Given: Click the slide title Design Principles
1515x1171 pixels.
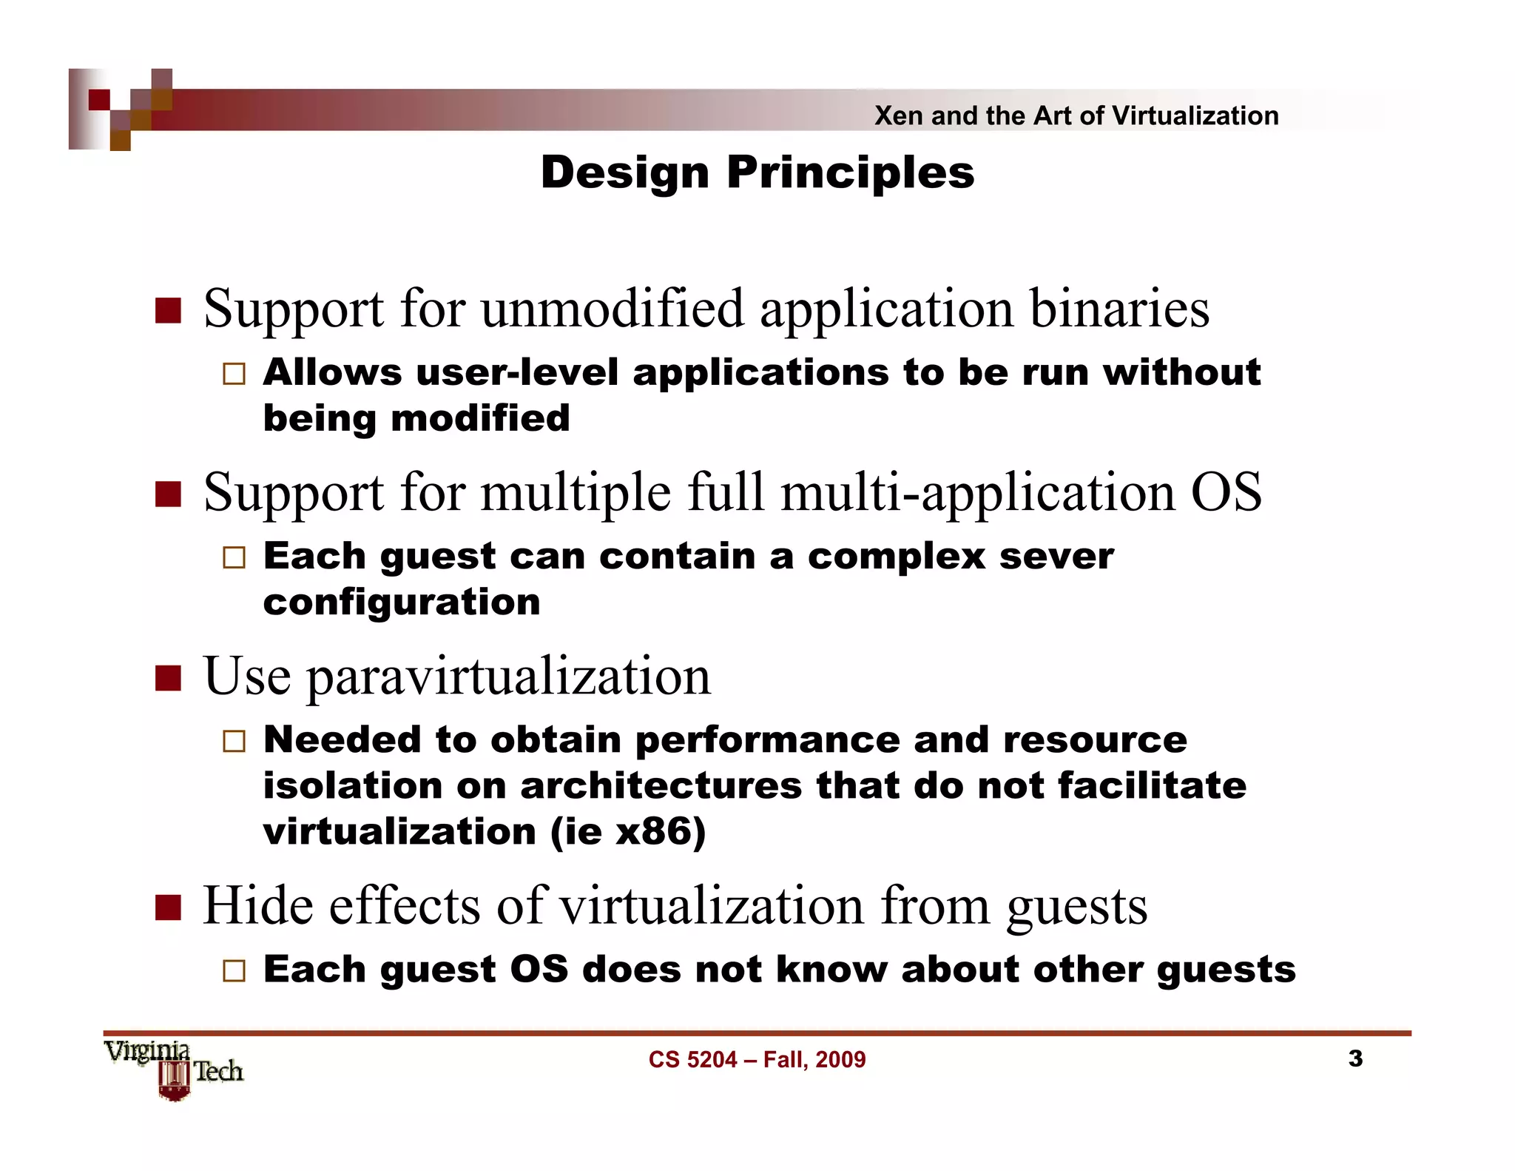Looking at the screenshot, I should pos(757,172).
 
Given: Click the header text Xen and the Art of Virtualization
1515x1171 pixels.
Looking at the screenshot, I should pos(1076,115).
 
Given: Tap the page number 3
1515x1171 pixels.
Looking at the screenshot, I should pos(1354,1058).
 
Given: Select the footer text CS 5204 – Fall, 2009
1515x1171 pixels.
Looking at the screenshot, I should pos(757,1060).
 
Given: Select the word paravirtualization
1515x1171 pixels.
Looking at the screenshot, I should pos(509,677).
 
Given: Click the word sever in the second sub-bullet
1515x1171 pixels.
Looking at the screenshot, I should pos(1056,556).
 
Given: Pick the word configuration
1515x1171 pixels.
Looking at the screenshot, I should pos(402,602).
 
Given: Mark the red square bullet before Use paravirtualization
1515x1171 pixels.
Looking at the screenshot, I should pos(169,677).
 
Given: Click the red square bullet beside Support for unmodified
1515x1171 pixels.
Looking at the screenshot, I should pos(169,311).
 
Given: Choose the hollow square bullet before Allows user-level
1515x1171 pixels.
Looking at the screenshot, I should pos(234,373).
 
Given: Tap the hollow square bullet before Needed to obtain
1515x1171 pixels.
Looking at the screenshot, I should pos(234,741).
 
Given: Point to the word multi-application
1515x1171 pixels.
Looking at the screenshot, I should pos(978,492).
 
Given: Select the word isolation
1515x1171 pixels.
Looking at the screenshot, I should pos(352,785).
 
